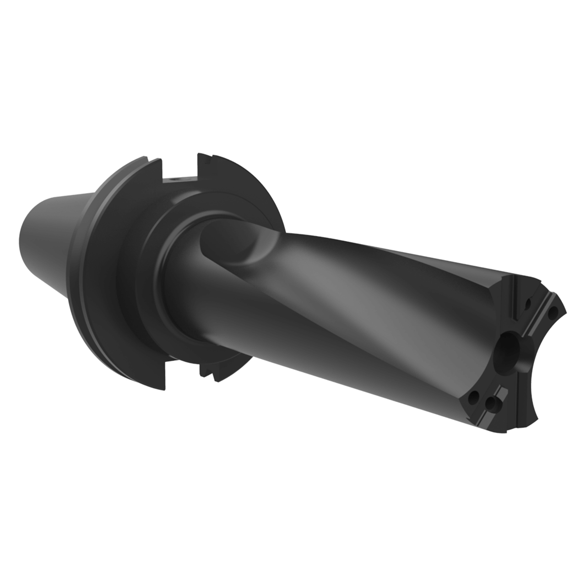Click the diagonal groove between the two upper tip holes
click(x=539, y=316)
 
